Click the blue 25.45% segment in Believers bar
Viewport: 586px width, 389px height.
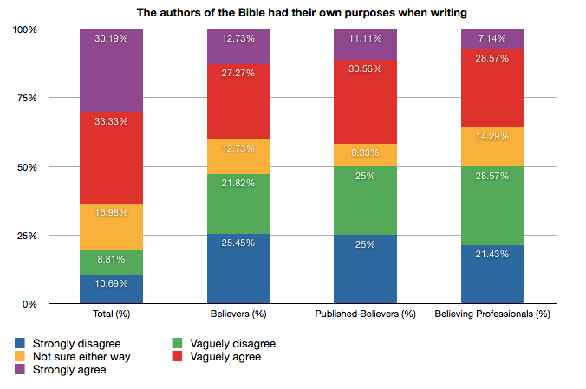[238, 269]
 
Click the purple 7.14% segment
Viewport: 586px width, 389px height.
[493, 38]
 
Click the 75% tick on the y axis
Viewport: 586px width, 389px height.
[25, 98]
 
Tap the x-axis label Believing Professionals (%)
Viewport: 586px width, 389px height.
[492, 313]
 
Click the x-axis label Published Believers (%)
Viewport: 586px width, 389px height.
[366, 313]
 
